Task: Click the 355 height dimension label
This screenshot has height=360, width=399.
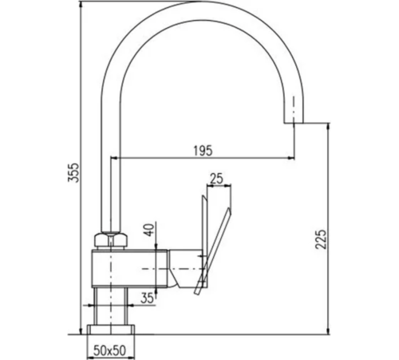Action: (73, 172)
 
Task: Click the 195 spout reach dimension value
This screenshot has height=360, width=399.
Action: (203, 151)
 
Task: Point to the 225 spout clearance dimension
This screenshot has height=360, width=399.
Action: (321, 239)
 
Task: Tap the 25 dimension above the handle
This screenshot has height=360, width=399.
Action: (216, 179)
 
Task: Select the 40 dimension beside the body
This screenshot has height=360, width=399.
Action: (150, 230)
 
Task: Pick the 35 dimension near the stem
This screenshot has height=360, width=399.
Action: (147, 299)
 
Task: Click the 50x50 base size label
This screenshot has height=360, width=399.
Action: (109, 350)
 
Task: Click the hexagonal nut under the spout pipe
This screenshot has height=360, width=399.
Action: (110, 240)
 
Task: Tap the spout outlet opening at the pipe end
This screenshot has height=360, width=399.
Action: (294, 123)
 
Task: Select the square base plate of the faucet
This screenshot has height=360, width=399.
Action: (111, 330)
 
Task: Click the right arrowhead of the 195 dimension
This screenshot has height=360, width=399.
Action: (291, 158)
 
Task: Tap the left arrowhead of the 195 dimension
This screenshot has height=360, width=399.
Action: (114, 158)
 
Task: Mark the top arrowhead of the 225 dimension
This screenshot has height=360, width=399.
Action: (329, 126)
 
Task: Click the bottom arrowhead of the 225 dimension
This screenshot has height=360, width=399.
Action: (329, 331)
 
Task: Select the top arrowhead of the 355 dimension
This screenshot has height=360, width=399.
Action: (80, 5)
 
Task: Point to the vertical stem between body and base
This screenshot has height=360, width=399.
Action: (111, 306)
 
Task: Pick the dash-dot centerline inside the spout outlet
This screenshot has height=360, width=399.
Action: (294, 112)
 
